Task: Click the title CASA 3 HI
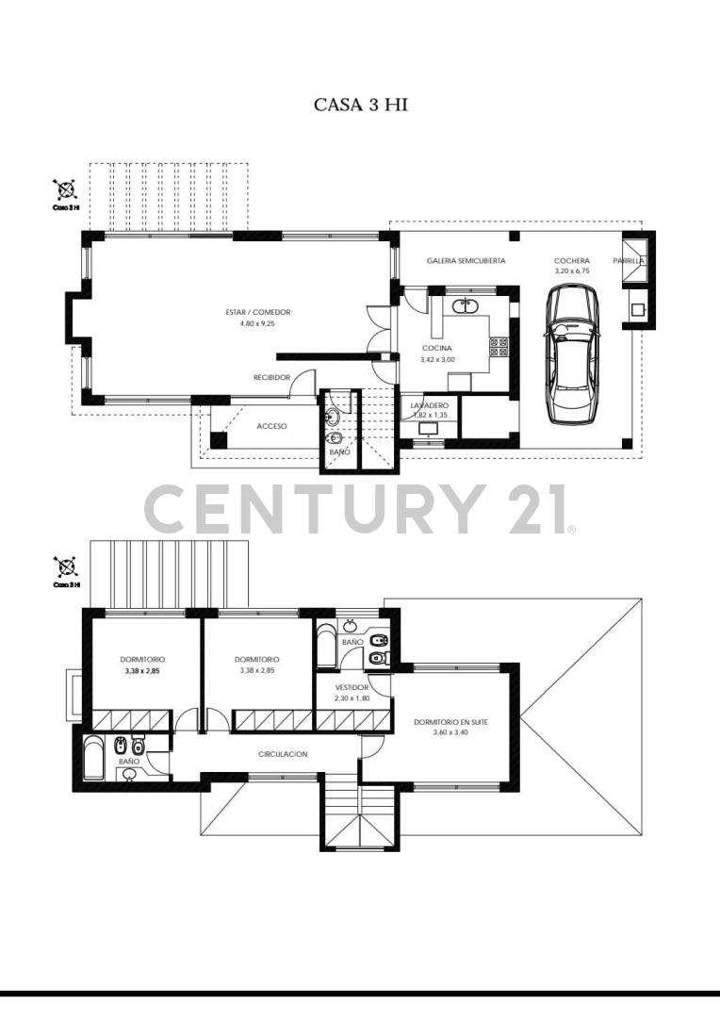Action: [360, 105]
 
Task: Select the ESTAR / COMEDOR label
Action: [257, 312]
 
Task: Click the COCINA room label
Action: [437, 348]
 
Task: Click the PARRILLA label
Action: [629, 260]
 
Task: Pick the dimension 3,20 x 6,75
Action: [572, 271]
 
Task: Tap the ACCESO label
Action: [271, 426]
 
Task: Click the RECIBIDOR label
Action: [271, 377]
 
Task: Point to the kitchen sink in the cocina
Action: [466, 305]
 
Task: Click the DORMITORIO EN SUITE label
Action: [450, 723]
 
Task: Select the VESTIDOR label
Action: [352, 687]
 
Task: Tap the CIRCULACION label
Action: [283, 754]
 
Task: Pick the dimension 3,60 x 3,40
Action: [450, 733]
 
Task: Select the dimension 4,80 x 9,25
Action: [257, 323]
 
